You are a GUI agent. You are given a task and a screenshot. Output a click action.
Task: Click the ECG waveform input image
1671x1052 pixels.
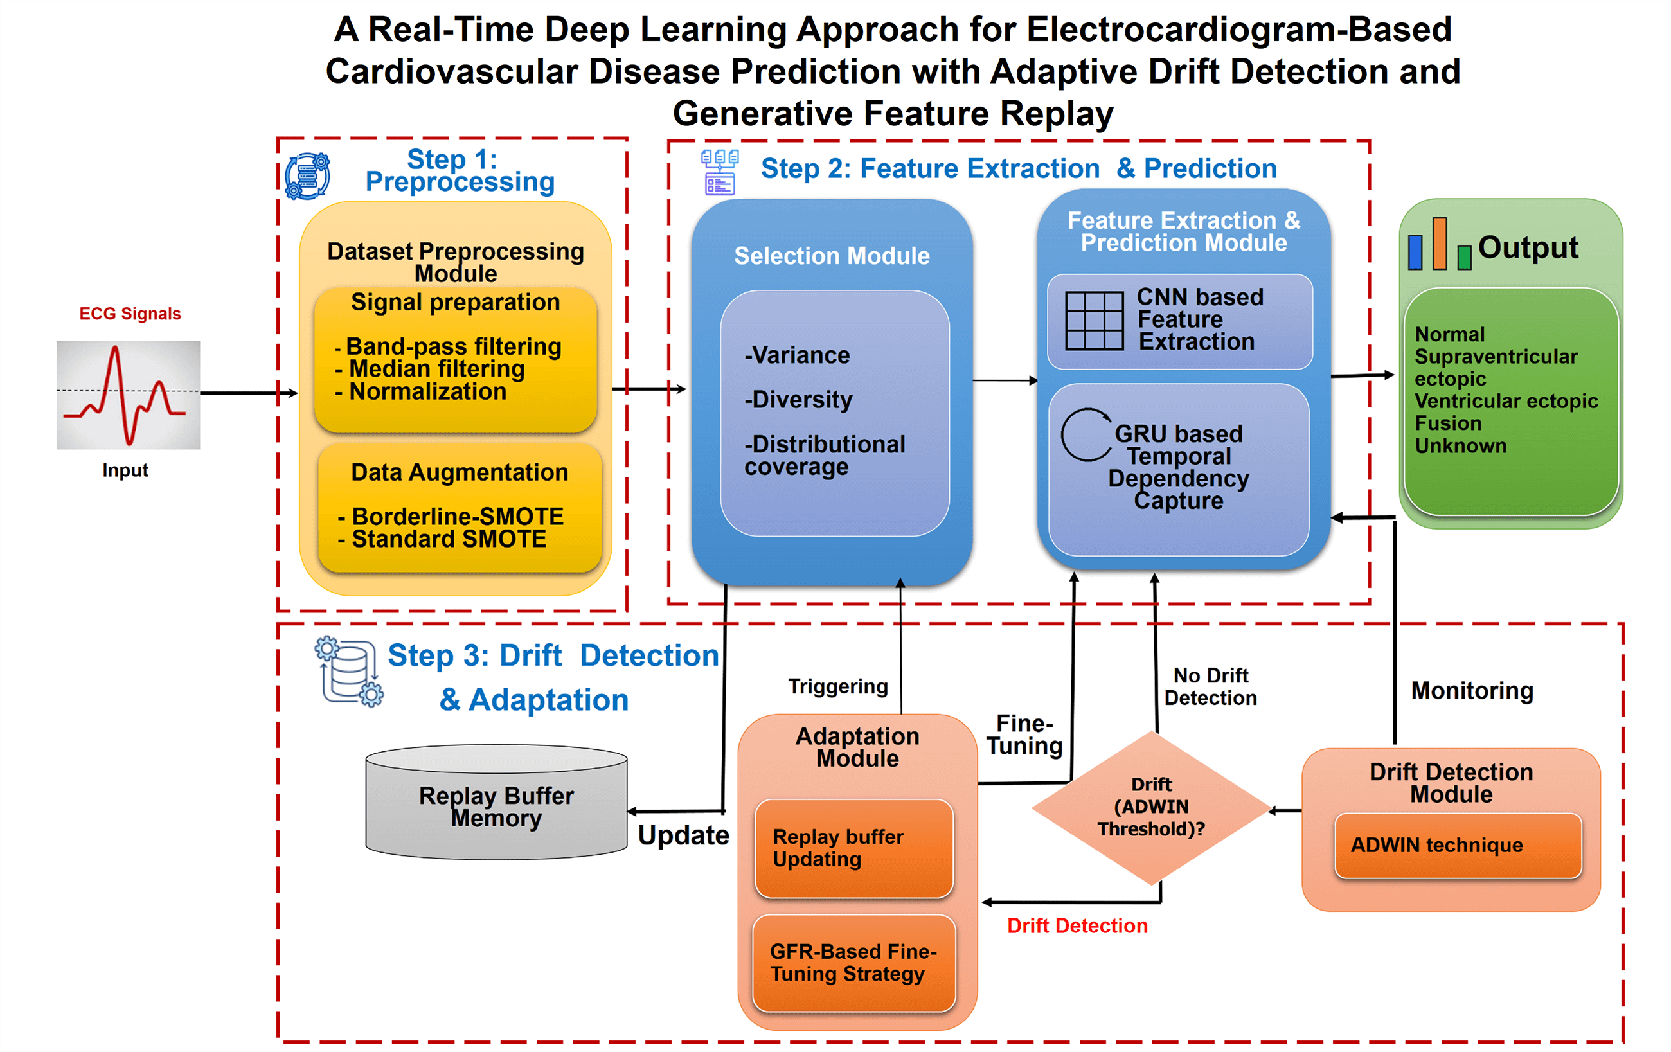tap(129, 394)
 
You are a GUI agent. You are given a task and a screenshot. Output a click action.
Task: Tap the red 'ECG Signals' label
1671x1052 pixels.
tap(130, 314)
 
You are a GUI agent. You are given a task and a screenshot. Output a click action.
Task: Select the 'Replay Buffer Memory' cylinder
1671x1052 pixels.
tap(496, 805)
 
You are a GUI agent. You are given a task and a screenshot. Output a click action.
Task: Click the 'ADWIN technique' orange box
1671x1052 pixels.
tap(1457, 844)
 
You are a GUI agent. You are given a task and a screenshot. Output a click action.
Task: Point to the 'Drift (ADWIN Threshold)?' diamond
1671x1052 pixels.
tap(1151, 807)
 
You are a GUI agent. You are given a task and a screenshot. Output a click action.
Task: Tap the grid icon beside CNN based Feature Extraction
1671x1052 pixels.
tap(1095, 321)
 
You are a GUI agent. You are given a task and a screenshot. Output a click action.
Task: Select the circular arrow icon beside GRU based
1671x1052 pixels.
tap(1086, 435)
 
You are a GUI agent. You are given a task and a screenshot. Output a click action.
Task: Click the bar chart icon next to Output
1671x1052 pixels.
tap(1439, 245)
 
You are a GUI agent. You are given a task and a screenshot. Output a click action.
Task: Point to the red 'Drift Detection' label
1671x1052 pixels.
tap(1077, 925)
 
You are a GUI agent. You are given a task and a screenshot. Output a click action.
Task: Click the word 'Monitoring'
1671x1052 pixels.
tap(1472, 690)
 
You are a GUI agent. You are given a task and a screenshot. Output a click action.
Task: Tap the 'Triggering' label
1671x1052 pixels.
tap(837, 686)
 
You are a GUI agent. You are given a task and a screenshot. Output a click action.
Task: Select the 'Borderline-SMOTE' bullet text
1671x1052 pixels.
tap(458, 516)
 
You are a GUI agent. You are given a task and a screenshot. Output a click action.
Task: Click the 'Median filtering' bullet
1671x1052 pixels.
tap(436, 368)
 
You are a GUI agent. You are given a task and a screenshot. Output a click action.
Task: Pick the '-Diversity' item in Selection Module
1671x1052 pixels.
tap(798, 400)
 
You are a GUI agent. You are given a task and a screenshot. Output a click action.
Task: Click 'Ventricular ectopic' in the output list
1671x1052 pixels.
tap(1506, 401)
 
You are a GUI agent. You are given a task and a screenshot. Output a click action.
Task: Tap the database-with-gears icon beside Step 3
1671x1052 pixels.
tap(349, 671)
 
